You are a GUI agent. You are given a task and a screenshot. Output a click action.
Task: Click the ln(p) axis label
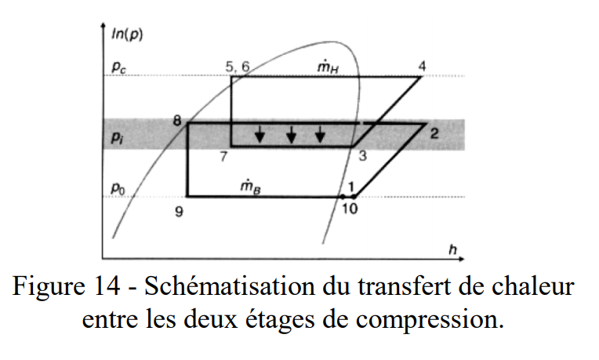(x=127, y=35)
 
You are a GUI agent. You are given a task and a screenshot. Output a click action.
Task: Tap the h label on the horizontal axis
(x=452, y=250)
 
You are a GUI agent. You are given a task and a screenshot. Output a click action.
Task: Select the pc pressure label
(x=119, y=67)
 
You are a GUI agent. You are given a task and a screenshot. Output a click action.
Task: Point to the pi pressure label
(x=118, y=137)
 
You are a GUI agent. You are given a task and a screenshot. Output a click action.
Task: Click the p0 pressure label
(x=118, y=188)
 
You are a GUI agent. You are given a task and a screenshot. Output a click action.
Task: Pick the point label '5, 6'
(x=238, y=67)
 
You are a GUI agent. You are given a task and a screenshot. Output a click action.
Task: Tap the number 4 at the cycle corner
(x=422, y=66)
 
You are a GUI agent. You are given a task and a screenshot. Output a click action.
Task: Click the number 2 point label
(x=434, y=133)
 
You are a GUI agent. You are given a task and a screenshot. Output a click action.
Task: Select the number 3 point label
(x=362, y=155)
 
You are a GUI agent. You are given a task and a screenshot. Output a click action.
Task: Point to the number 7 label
(x=224, y=156)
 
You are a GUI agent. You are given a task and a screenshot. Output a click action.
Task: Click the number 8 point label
(x=177, y=121)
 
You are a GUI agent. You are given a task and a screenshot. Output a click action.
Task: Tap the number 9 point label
(x=179, y=211)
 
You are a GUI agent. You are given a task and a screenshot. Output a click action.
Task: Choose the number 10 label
(x=350, y=209)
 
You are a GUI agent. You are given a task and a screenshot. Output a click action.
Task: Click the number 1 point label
(x=351, y=187)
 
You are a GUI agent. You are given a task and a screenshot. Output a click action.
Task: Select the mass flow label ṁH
(x=329, y=67)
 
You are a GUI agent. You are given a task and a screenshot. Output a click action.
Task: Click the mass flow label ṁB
(x=251, y=186)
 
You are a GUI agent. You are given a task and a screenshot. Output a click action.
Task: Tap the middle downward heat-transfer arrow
(x=292, y=134)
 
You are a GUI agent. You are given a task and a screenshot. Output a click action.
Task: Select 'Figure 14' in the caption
(x=67, y=286)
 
